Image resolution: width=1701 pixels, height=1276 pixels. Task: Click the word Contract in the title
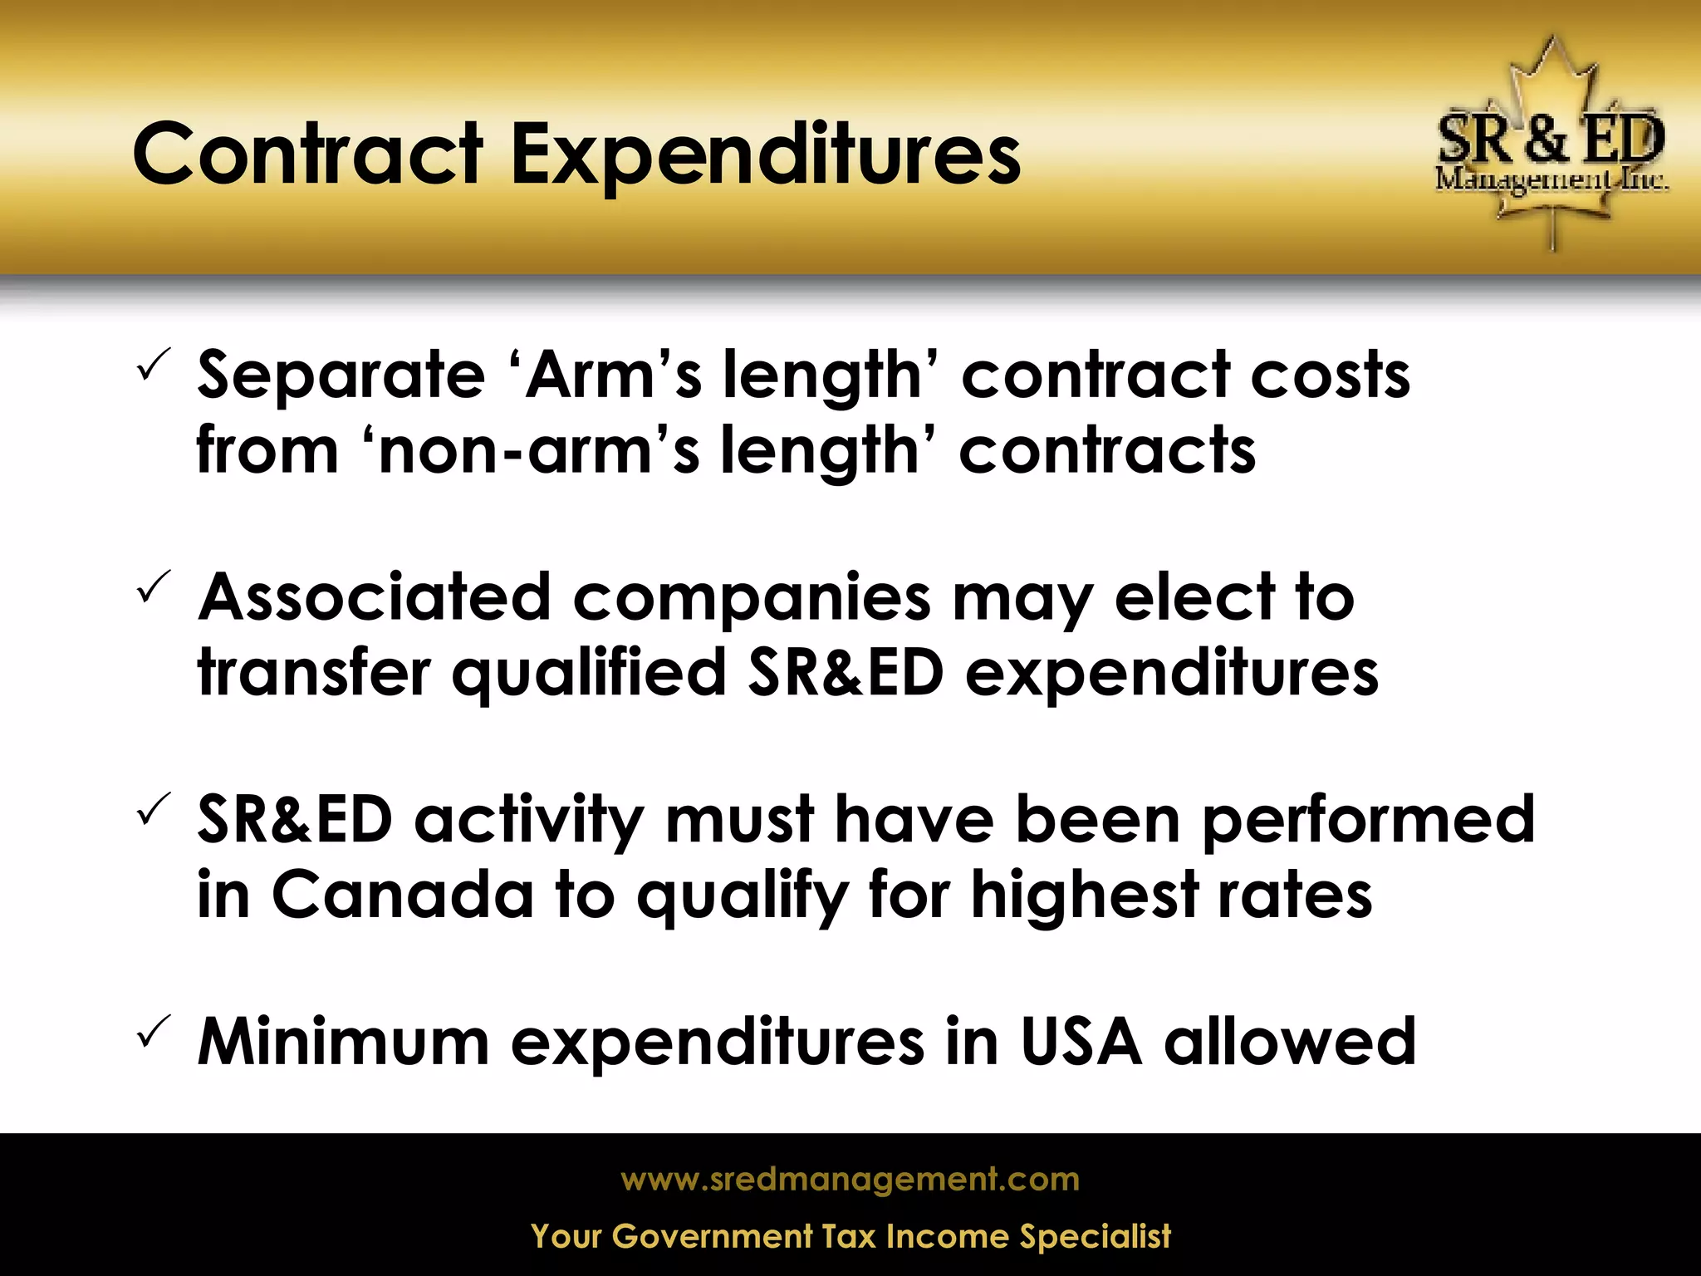[x=307, y=155]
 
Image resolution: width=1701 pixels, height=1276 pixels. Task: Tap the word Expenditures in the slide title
[x=764, y=156]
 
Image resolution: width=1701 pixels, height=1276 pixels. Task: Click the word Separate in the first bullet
[x=341, y=375]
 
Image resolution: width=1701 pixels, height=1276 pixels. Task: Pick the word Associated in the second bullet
[x=374, y=597]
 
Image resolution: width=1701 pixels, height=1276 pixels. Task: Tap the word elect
[x=1194, y=597]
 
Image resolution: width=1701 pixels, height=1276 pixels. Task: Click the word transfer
[x=314, y=672]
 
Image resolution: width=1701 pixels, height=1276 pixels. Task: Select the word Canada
[x=402, y=896]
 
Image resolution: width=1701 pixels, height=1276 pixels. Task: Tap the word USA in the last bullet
[x=1081, y=1042]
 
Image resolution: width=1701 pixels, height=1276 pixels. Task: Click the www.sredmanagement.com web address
[x=850, y=1179]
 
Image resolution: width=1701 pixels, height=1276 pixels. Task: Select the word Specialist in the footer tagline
[x=1095, y=1236]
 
